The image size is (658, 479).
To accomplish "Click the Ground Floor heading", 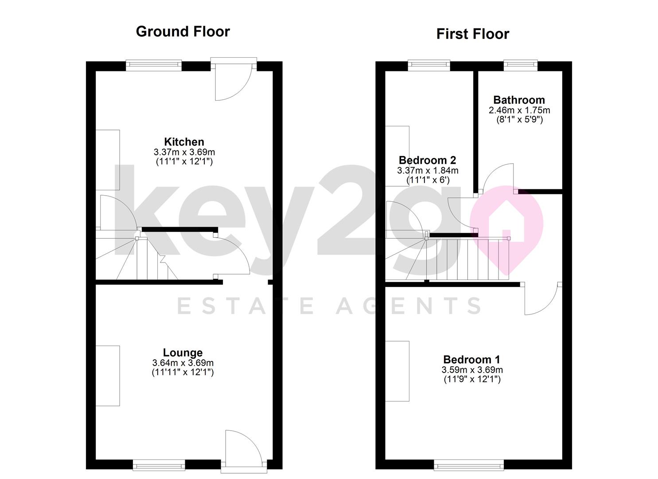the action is pyautogui.click(x=183, y=32).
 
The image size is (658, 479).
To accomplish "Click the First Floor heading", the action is pyautogui.click(x=473, y=34).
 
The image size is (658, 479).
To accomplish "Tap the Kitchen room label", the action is pyautogui.click(x=184, y=142).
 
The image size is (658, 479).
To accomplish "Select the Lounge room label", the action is pyautogui.click(x=183, y=353).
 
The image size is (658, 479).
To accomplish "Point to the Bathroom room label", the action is pyautogui.click(x=519, y=100).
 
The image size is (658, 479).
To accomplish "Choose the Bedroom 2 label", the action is pyautogui.click(x=428, y=160).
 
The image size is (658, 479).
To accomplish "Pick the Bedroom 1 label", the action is pyautogui.click(x=472, y=360).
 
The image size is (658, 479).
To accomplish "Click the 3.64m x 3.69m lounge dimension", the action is pyautogui.click(x=183, y=363).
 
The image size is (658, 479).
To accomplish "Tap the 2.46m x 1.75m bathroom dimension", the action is pyautogui.click(x=519, y=110).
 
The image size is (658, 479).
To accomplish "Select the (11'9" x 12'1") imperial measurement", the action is pyautogui.click(x=472, y=379).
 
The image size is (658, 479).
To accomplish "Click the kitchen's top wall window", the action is pyautogui.click(x=154, y=65).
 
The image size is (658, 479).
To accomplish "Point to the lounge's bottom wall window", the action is pyautogui.click(x=159, y=465).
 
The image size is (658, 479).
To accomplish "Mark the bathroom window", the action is pyautogui.click(x=521, y=65).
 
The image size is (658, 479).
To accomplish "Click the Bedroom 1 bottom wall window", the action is pyautogui.click(x=469, y=465).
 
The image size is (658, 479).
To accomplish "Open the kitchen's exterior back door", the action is pyautogui.click(x=234, y=79).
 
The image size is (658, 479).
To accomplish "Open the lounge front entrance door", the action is pyautogui.click(x=244, y=452).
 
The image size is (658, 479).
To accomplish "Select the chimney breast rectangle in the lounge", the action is pyautogui.click(x=108, y=376).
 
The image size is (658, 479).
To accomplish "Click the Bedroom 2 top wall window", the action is pyautogui.click(x=429, y=65).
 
